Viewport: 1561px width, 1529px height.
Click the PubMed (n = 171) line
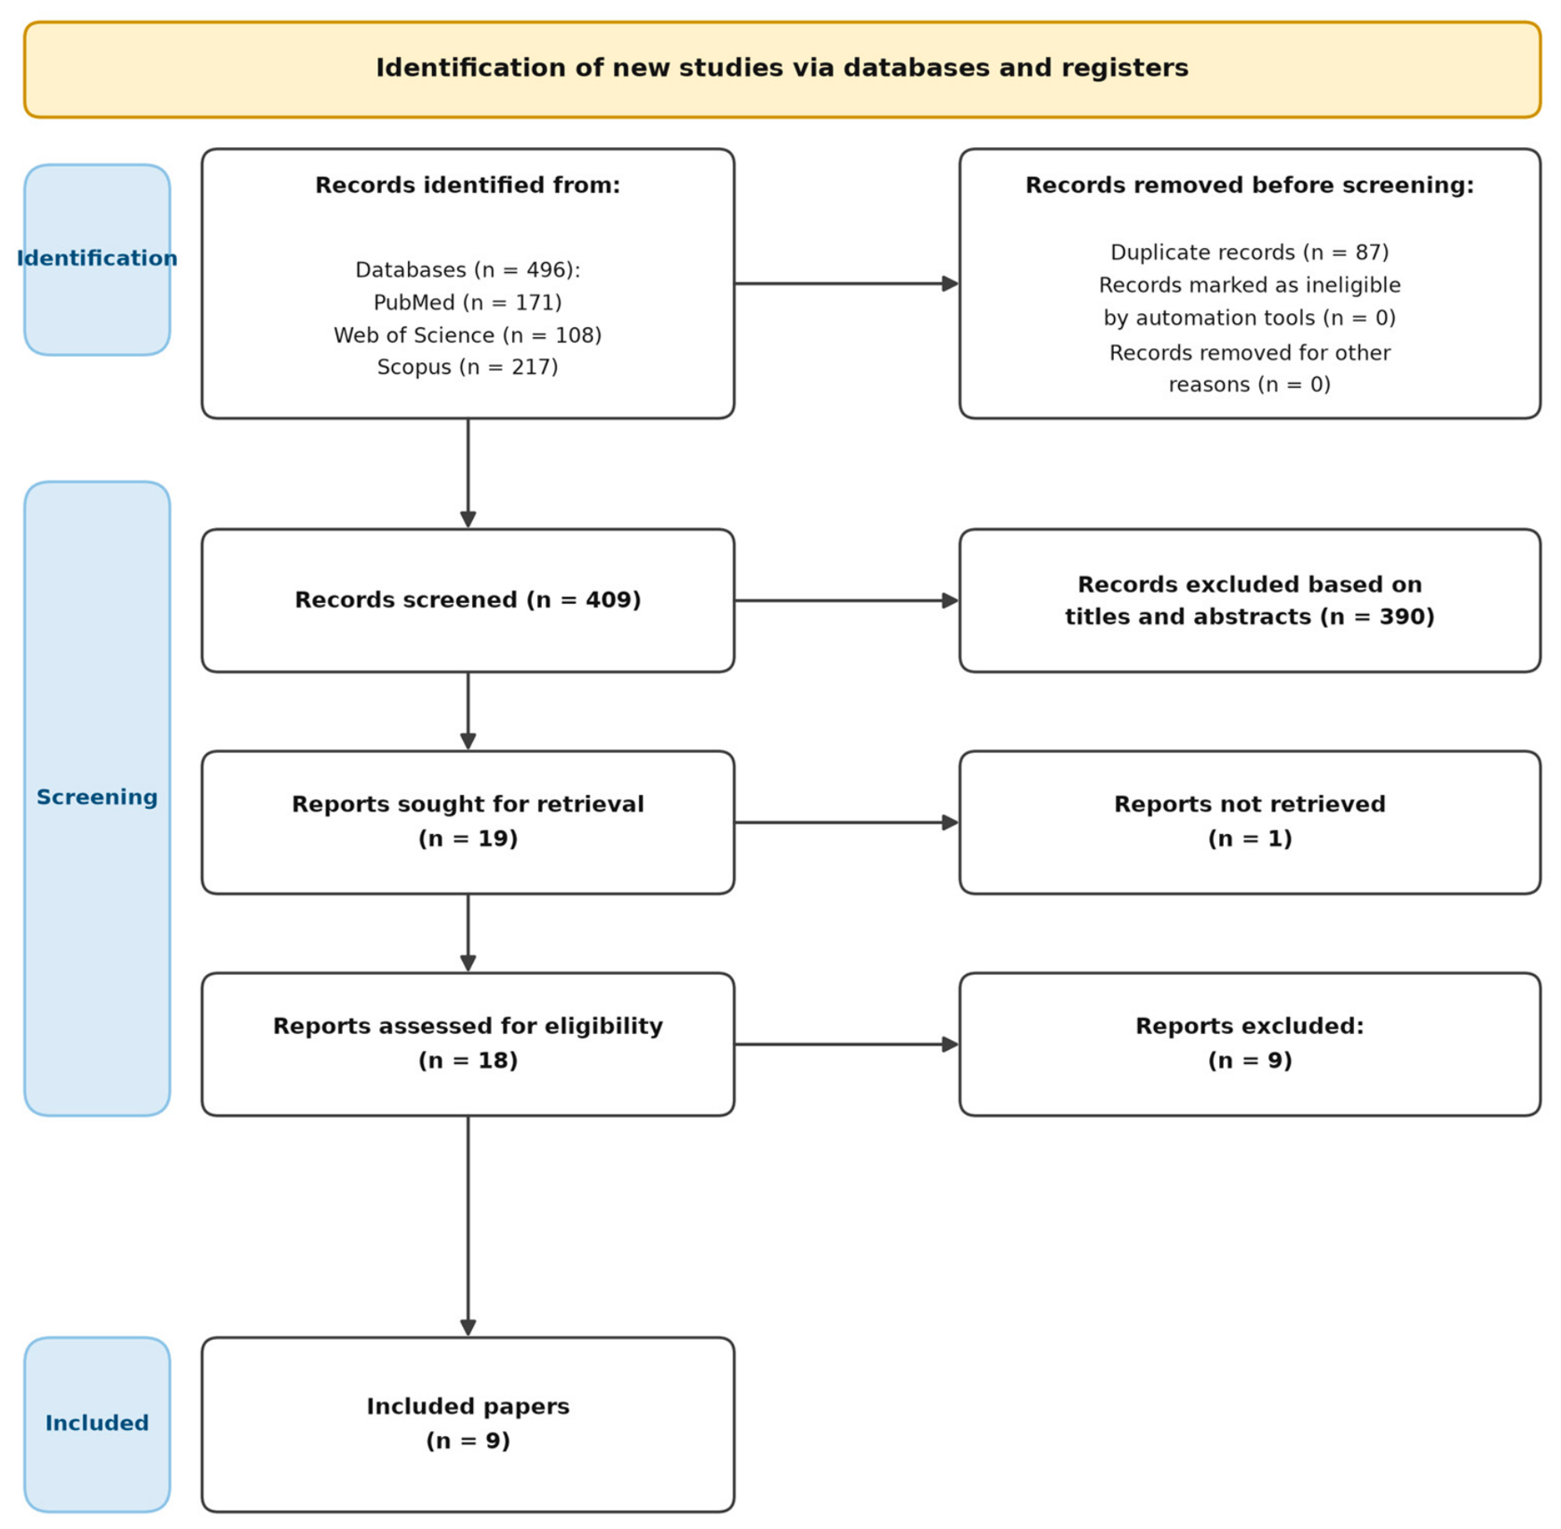[468, 302]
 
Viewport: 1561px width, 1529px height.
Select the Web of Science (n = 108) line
[468, 335]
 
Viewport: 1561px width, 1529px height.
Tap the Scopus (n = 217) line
[468, 368]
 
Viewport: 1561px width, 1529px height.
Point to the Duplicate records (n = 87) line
[1250, 252]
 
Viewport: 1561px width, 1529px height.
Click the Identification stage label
[97, 259]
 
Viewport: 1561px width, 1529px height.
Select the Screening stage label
[97, 798]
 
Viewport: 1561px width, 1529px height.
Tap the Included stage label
[97, 1423]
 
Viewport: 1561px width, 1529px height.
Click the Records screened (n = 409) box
[468, 600]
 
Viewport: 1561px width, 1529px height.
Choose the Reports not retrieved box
[1250, 822]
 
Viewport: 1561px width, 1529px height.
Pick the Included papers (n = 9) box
[468, 1425]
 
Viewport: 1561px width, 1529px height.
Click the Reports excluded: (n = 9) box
[1250, 1044]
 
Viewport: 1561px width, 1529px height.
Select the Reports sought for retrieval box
[468, 822]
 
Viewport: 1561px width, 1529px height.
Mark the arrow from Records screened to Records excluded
[847, 600]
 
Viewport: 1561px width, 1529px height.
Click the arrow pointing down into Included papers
[468, 1227]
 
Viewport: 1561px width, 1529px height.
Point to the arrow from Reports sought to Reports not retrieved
[847, 822]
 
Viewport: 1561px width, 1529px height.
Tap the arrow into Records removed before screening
[847, 284]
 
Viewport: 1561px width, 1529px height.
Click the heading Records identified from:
[468, 186]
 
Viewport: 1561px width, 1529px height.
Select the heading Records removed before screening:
[1250, 186]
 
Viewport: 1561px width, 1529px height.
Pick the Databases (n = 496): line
[468, 270]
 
